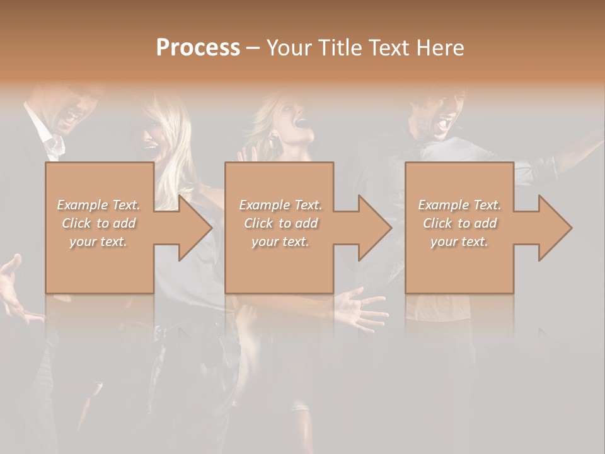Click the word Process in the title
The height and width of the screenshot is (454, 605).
[x=198, y=47]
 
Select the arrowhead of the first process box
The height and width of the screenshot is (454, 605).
[x=194, y=228]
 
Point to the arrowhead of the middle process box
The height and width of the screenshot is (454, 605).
[x=374, y=228]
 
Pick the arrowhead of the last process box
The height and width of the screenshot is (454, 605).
[x=554, y=228]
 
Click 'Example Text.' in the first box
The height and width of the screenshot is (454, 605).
[x=98, y=205]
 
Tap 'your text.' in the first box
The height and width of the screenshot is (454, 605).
[x=98, y=242]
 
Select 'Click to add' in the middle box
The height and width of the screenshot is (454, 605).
[x=280, y=223]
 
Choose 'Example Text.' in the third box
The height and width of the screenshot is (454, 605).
[x=459, y=205]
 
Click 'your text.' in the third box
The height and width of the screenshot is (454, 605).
[x=459, y=242]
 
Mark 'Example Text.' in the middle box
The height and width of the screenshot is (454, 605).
[x=280, y=205]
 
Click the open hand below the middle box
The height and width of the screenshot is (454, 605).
[x=359, y=309]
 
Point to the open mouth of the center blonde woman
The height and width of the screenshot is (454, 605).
[x=301, y=124]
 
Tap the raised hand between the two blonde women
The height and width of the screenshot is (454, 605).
[x=247, y=154]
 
